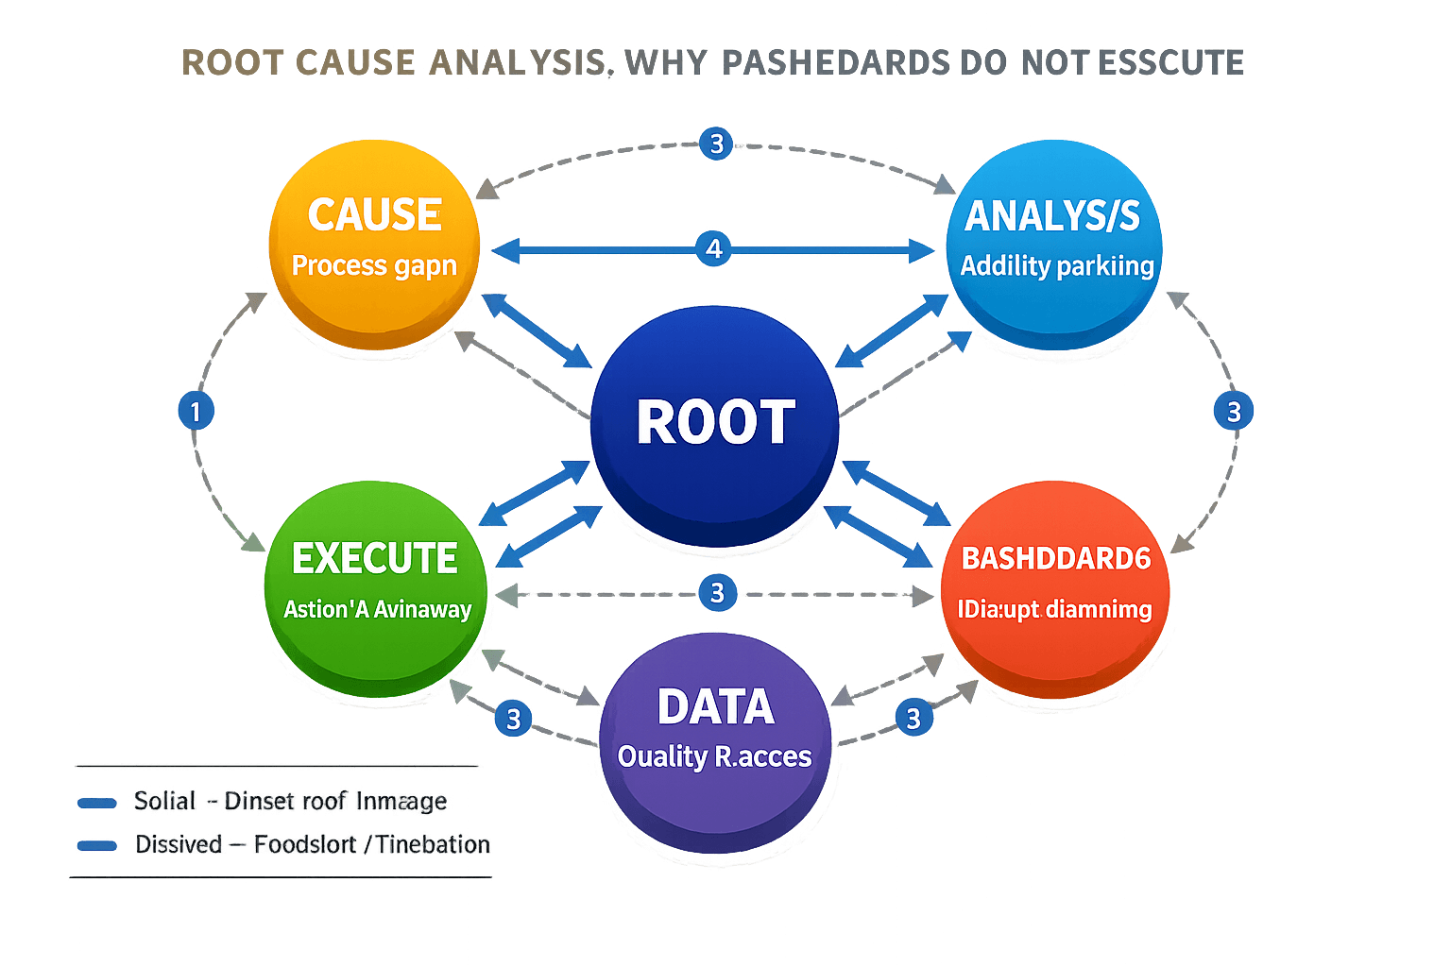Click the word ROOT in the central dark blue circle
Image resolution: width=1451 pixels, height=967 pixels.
coord(715,422)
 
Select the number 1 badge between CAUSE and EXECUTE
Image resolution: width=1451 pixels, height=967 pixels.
coord(196,412)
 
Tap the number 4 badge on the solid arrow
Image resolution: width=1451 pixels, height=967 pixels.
coord(714,249)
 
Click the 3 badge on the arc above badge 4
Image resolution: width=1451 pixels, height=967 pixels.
coord(716,144)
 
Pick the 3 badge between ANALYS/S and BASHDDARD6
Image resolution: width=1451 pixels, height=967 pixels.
coord(1233,412)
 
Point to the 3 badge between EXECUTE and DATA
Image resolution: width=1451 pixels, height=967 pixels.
coord(513,720)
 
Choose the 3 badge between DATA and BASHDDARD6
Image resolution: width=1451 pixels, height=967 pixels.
coord(913,719)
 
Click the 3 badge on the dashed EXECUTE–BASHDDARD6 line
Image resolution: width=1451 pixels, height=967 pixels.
coord(717,593)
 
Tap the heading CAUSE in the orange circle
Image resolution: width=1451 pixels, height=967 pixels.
coord(374,215)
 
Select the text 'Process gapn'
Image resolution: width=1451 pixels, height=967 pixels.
coord(374,266)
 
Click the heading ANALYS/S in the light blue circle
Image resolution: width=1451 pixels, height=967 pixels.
coord(1051,216)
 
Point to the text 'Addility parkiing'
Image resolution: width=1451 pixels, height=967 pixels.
coord(1057,266)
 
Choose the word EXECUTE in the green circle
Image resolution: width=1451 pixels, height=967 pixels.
coord(375,559)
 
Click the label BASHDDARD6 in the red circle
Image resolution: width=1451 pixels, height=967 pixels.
coord(1055,559)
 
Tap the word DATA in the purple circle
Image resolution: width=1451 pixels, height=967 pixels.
coord(715,707)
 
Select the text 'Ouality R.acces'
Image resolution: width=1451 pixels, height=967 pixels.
coord(714,756)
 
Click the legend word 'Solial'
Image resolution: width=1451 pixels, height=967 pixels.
coord(164,802)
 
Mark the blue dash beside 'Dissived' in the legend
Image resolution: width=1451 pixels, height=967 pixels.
coord(96,845)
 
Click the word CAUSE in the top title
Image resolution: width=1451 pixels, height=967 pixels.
coord(354,63)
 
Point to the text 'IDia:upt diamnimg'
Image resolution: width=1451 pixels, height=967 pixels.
coord(1054,610)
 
